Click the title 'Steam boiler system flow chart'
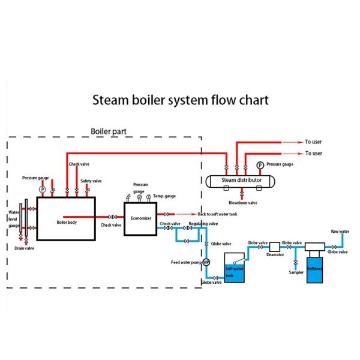point(180,100)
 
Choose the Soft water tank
point(235,268)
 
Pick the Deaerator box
point(275,247)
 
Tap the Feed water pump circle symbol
point(206,262)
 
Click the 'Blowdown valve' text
point(242,202)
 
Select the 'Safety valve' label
point(91,181)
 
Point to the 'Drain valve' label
point(24,247)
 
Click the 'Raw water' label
point(340,231)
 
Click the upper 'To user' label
point(313,142)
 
